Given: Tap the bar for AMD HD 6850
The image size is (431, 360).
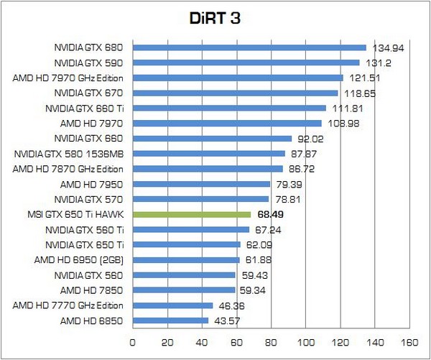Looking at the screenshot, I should (170, 320).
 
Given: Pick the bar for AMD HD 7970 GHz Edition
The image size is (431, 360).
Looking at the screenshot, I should (238, 78).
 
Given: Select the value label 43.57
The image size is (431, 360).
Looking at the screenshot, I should (225, 320).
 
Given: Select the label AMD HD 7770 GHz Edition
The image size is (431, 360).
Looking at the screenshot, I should (68, 305).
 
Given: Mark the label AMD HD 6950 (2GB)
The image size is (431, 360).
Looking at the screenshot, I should (80, 260).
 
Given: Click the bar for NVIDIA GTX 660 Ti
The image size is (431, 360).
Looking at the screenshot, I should (229, 108).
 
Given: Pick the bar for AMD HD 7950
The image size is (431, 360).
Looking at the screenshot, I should (201, 184).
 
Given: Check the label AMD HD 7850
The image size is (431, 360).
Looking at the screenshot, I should (92, 290).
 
